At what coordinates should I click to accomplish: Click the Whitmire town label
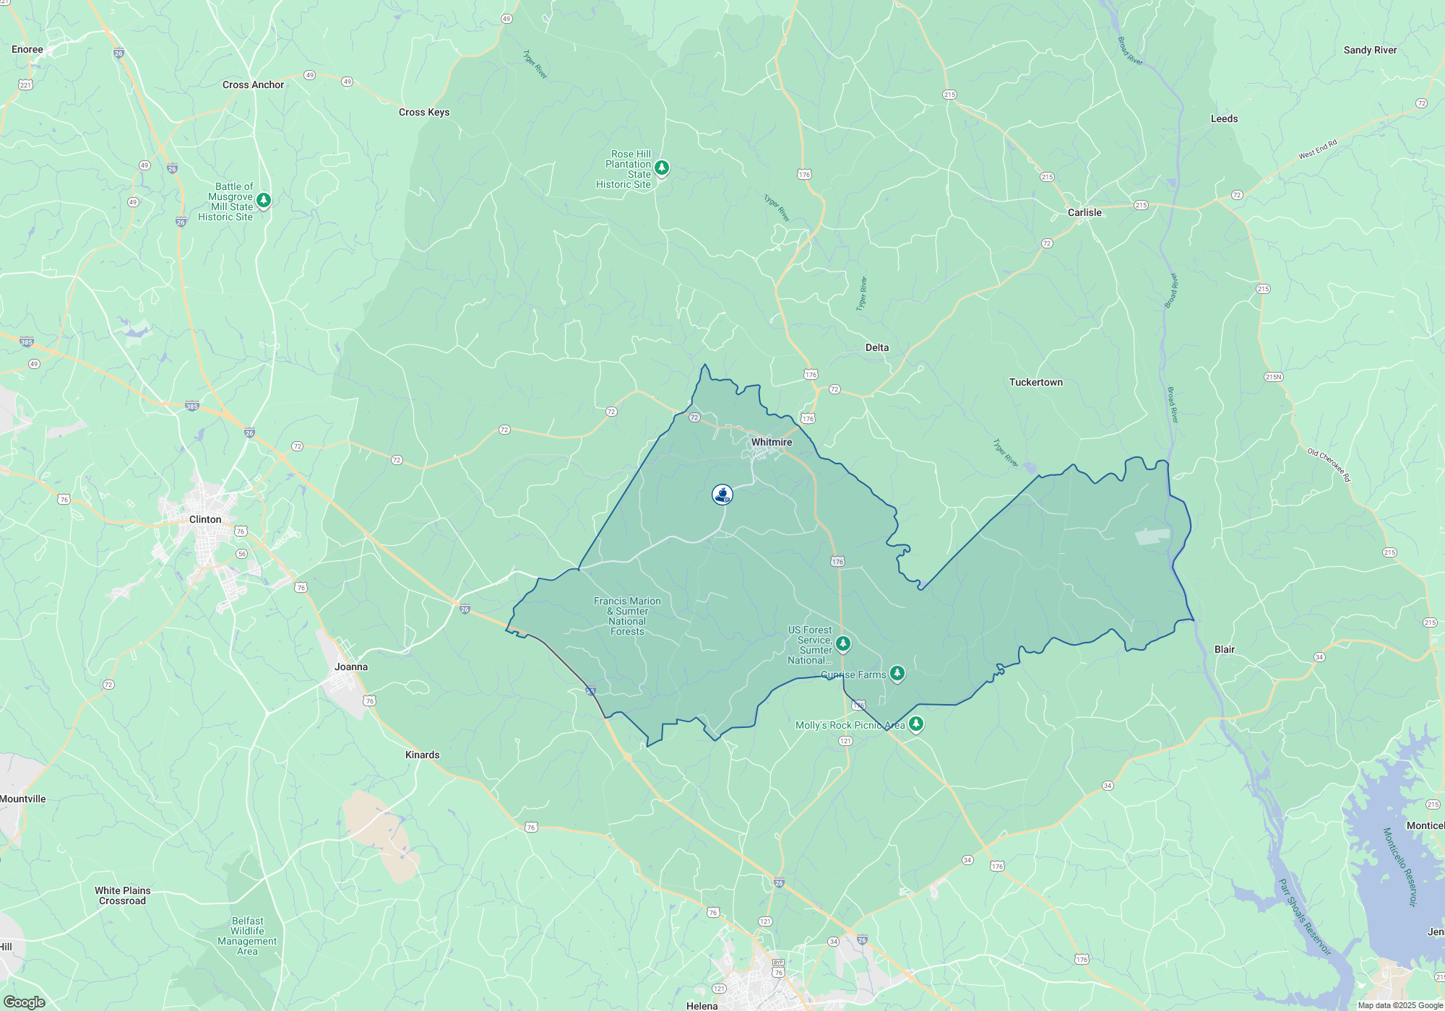point(771,442)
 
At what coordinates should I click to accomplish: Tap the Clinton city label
point(205,519)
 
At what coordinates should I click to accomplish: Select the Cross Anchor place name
point(253,84)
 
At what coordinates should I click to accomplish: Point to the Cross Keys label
point(424,112)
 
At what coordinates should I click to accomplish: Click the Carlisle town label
point(1084,212)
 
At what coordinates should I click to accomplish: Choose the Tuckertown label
point(1035,382)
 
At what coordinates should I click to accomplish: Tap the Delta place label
point(877,347)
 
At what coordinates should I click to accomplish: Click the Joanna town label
point(351,667)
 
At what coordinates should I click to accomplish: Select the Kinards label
point(422,755)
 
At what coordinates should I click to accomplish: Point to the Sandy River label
point(1370,50)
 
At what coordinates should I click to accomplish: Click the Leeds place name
point(1224,118)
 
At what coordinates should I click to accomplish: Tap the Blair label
point(1224,649)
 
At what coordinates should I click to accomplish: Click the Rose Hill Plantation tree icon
point(661,168)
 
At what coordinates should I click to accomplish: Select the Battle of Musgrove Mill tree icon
point(264,200)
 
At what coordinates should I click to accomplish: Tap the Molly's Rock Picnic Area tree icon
point(915,724)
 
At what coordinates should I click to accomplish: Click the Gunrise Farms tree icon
point(897,673)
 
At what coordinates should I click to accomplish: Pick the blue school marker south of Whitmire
point(722,495)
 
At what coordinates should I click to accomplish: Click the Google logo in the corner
point(24,1002)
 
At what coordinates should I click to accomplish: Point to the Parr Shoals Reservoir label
point(1304,917)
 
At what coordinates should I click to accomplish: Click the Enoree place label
point(27,50)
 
